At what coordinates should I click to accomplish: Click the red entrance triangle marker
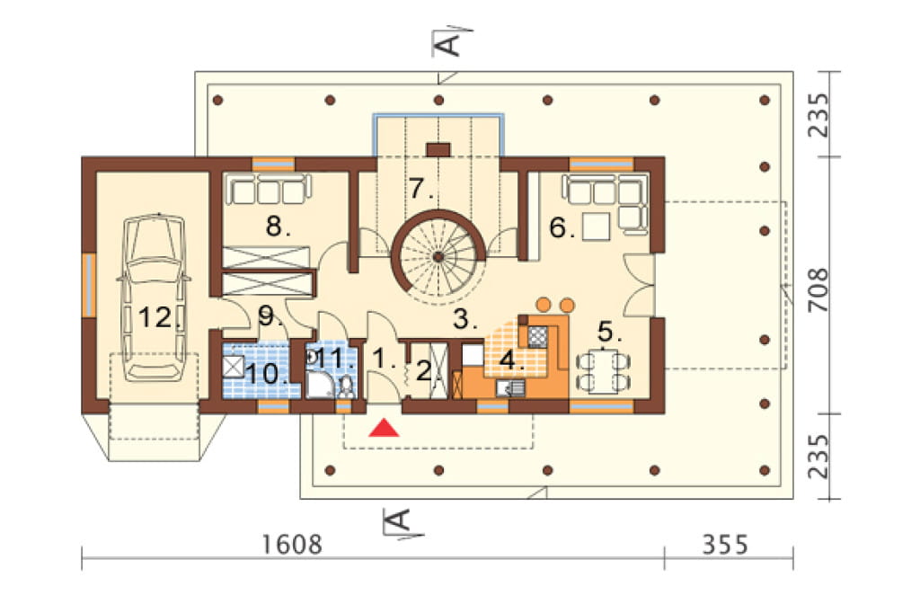point(385,428)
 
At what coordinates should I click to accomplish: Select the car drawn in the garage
point(155,298)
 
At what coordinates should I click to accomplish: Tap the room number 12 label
point(160,318)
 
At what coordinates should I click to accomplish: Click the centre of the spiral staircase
point(438,256)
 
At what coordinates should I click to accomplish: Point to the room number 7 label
point(421,189)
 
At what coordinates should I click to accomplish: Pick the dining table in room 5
point(603,370)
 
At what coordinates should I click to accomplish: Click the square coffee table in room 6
point(597,227)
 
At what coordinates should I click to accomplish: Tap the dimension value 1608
point(292,545)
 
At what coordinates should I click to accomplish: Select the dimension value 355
point(725,545)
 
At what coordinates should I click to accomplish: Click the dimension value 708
point(818,289)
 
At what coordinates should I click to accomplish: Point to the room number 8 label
point(278,227)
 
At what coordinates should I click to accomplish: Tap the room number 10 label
point(266,373)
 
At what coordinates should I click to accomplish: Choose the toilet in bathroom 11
point(346,387)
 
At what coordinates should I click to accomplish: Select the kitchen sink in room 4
point(510,388)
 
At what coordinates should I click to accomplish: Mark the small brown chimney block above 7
point(438,150)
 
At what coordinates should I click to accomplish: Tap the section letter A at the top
point(449,43)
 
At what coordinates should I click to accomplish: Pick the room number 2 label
point(423,370)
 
